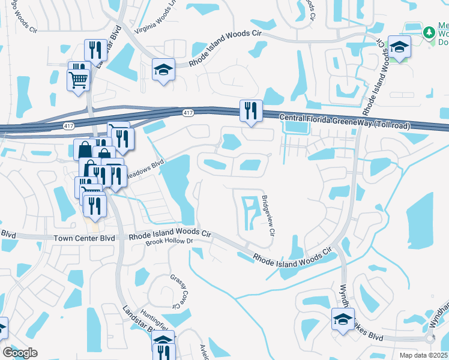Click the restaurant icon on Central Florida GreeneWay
(x=251, y=110)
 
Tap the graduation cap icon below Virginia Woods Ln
(x=163, y=70)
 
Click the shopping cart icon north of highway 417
(x=79, y=79)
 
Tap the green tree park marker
(x=429, y=32)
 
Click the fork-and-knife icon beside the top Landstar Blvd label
(x=93, y=50)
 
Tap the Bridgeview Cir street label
(x=268, y=215)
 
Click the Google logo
(x=20, y=353)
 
